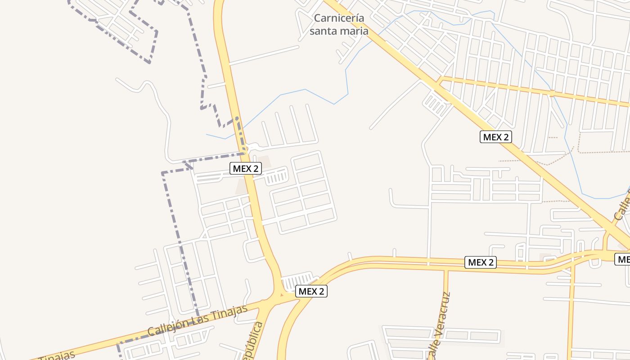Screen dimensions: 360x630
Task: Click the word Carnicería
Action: click(x=339, y=18)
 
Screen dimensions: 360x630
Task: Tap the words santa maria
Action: click(x=339, y=31)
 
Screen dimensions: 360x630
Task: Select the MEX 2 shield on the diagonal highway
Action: click(x=496, y=137)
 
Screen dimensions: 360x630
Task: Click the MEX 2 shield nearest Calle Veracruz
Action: click(x=481, y=262)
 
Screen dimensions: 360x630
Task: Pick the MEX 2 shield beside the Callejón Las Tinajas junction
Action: click(x=311, y=291)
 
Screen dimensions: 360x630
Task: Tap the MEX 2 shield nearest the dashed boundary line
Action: click(x=246, y=168)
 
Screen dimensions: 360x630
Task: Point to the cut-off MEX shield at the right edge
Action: click(x=623, y=259)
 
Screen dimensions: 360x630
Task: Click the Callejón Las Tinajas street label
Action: click(x=198, y=320)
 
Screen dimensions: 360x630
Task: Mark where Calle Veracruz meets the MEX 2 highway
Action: click(x=445, y=269)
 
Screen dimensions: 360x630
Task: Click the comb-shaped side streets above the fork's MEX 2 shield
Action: click(x=297, y=280)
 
